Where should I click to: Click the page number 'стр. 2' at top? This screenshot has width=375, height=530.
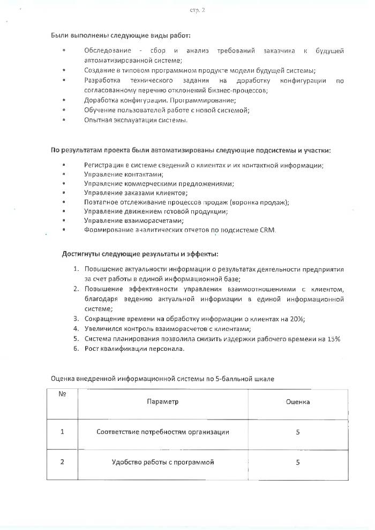pos(198,11)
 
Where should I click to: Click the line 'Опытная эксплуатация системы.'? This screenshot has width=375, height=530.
pos(136,120)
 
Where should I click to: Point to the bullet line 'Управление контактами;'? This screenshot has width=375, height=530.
pos(124,174)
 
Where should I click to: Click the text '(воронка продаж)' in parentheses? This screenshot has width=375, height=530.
pos(259,202)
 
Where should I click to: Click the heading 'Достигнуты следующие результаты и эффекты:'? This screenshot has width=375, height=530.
pos(140,254)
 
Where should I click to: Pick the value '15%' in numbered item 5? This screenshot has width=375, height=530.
pos(333,339)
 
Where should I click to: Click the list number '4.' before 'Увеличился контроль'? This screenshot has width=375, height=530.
pos(77,329)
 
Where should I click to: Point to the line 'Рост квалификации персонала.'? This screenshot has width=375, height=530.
pos(134,349)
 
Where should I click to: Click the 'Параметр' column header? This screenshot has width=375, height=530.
pos(163,401)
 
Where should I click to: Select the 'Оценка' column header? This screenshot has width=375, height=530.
pos(298,401)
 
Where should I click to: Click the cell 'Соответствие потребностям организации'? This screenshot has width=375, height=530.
pos(163,432)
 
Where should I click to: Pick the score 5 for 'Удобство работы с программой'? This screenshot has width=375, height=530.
pos(298,462)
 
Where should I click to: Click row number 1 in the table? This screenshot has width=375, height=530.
pos(62,432)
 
